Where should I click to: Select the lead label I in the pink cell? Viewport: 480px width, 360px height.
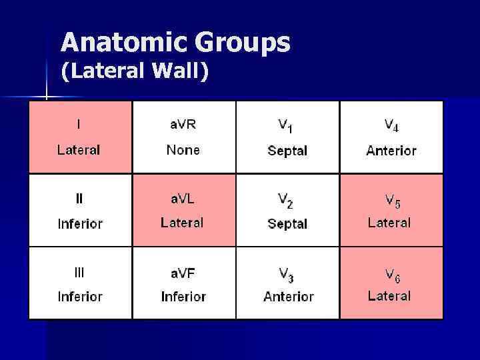coord(79,124)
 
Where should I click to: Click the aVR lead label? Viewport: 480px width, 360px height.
coord(182,124)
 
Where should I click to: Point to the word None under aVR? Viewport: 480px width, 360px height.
coord(183,150)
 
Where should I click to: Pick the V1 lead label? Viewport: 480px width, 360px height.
coord(286,125)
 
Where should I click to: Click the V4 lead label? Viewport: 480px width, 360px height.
coord(391,125)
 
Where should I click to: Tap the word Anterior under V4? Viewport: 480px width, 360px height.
coord(391,151)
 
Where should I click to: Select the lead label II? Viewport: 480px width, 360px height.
coord(79,198)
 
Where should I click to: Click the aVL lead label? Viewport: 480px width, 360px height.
coord(182,198)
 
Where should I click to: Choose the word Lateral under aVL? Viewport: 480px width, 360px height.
coord(182,223)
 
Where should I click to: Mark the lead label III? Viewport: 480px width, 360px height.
coord(79,272)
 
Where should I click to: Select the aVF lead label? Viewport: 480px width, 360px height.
coord(182,272)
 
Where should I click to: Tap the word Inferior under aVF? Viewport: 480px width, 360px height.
coord(183,297)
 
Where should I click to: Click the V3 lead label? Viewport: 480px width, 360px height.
coord(287,273)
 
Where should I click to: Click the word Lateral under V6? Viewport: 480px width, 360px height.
coord(389,296)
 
